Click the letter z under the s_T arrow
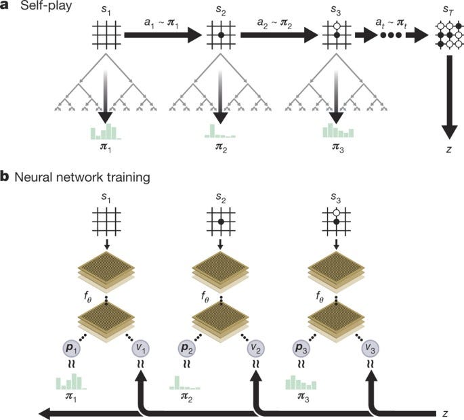click(448, 149)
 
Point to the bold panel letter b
click(6, 177)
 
